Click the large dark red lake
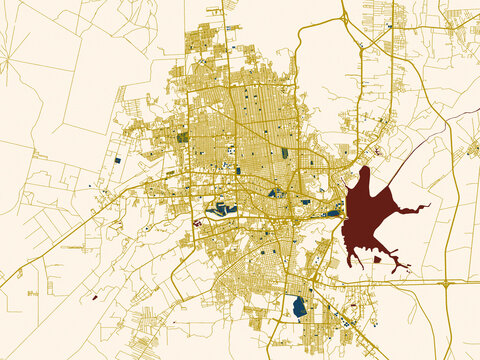click(365, 215)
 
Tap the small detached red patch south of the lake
click(377, 259)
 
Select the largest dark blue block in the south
click(299, 307)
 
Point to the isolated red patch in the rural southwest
click(94, 297)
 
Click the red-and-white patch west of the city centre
click(197, 223)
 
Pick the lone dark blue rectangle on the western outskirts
click(117, 160)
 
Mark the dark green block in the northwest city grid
click(182, 137)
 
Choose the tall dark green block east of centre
click(284, 153)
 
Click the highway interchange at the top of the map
click(344, 18)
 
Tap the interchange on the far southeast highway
click(443, 284)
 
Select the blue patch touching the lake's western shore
click(333, 212)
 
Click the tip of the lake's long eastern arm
click(428, 206)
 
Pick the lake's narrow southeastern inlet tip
click(407, 271)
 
